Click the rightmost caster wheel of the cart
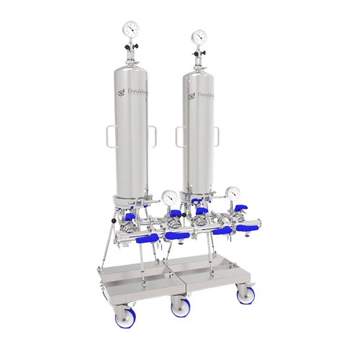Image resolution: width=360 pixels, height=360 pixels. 242,294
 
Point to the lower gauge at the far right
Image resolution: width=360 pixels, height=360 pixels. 232,195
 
